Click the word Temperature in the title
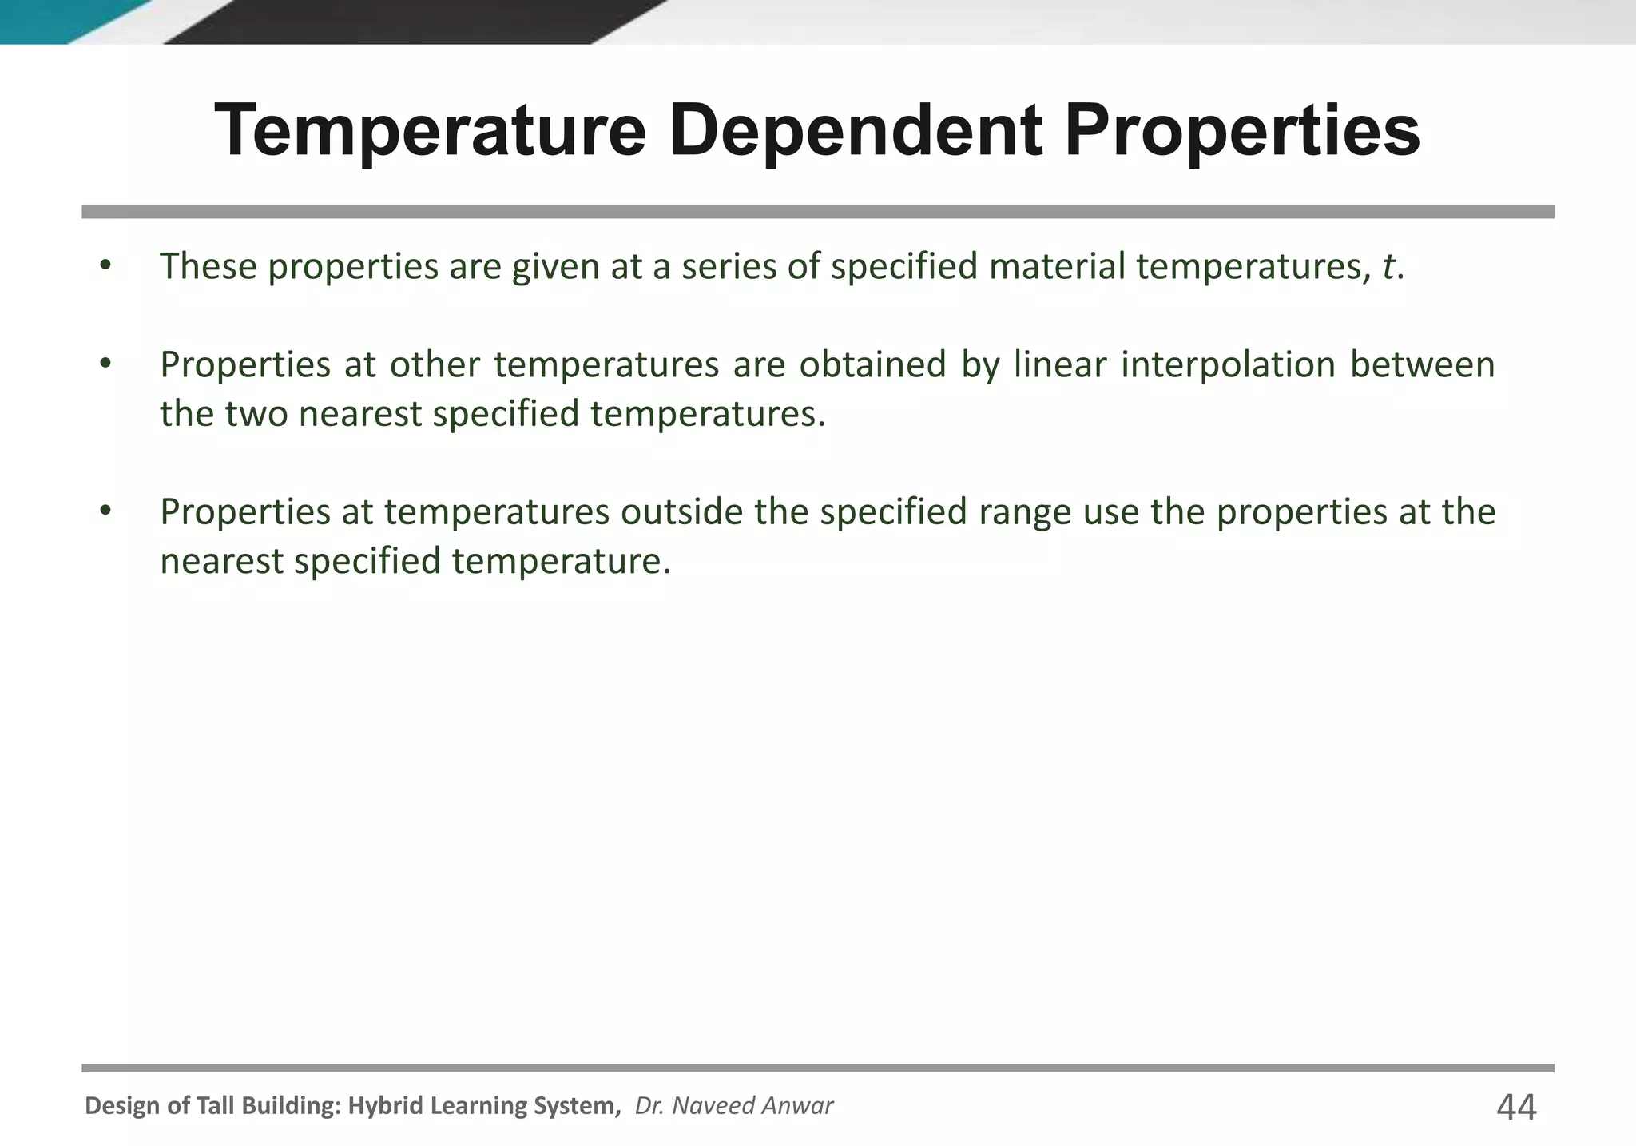click(x=430, y=132)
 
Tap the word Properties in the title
click(x=1242, y=132)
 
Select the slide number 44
click(x=1515, y=1108)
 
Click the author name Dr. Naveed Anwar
click(x=733, y=1106)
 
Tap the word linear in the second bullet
click(x=1059, y=365)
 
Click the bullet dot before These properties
click(x=105, y=265)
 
